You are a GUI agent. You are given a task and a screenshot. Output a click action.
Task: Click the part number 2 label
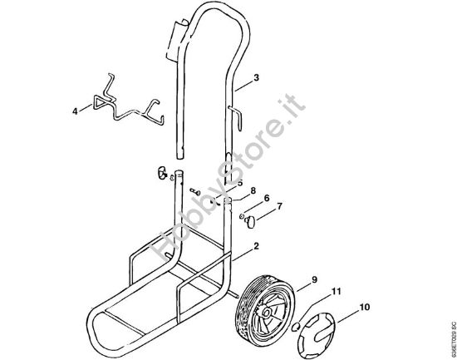257,247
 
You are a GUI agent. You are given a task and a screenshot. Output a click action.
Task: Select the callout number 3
257,77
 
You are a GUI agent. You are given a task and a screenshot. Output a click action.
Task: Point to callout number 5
240,182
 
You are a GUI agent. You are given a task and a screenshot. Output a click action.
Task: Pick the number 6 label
267,198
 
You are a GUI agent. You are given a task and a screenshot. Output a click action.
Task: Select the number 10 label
363,307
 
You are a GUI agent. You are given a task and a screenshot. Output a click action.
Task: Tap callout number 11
337,292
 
